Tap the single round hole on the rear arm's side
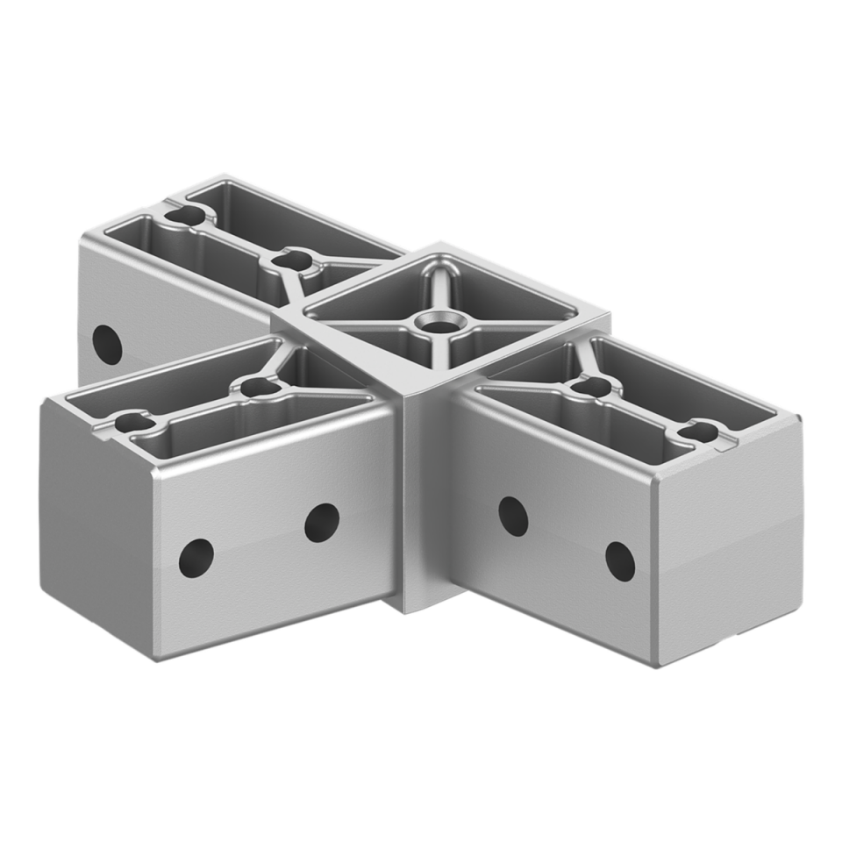click(107, 345)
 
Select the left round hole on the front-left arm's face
click(196, 557)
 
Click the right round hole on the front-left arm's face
click(322, 522)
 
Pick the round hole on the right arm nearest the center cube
click(513, 517)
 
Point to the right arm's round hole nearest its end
click(620, 561)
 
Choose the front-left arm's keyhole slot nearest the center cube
click(257, 388)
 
